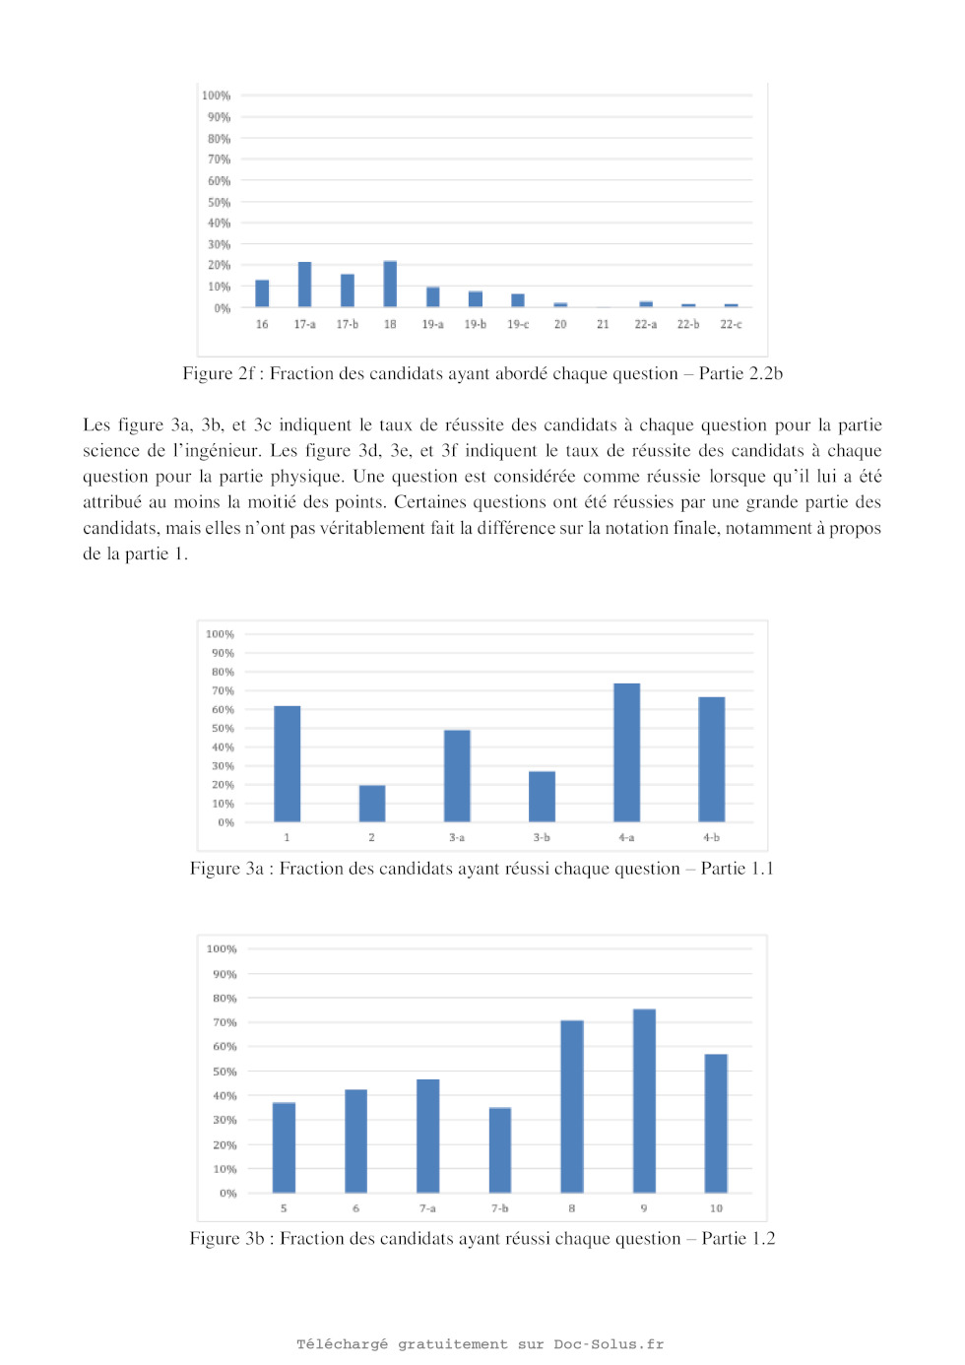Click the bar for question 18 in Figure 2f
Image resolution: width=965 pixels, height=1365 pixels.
point(390,284)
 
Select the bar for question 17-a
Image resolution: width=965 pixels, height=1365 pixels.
point(304,285)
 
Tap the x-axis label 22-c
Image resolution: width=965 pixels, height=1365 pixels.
point(731,324)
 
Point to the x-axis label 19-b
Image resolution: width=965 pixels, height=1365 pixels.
point(475,324)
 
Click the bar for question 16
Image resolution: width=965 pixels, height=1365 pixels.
point(262,293)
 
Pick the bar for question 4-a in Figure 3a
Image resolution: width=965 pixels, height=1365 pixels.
point(626,752)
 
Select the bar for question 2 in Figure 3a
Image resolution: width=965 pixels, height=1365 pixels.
point(372,804)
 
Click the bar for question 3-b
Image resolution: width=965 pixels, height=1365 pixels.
point(542,797)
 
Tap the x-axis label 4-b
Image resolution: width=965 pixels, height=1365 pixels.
point(711,838)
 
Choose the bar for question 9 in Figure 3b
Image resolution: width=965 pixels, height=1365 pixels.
point(644,1101)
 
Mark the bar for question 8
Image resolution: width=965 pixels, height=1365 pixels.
point(572,1107)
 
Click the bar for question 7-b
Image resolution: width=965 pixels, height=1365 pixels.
point(500,1150)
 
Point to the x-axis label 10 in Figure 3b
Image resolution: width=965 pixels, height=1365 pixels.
point(716,1208)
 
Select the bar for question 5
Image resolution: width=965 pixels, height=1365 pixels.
point(284,1147)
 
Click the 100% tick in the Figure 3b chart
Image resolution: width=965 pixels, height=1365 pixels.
point(222,949)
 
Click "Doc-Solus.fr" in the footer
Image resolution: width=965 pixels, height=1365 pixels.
point(609,1344)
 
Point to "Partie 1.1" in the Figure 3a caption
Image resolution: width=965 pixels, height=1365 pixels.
point(738,869)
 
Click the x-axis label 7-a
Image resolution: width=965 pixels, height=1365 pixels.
point(427,1208)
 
